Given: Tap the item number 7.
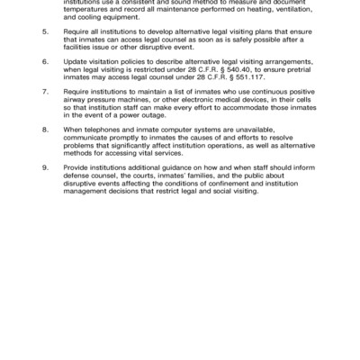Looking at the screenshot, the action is (x=46, y=91).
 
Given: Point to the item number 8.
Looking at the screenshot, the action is (x=46, y=130).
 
